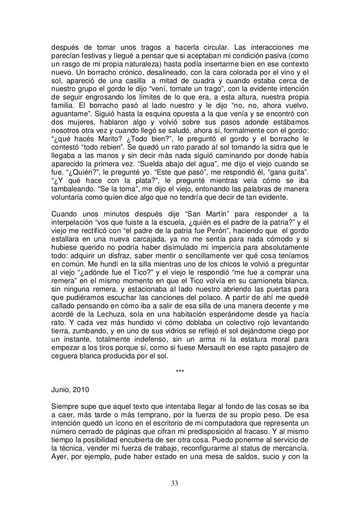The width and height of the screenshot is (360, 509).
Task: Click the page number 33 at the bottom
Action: pyautogui.click(x=174, y=483)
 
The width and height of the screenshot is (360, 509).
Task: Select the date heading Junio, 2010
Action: pyautogui.click(x=70, y=390)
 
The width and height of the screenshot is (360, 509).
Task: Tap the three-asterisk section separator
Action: pyautogui.click(x=180, y=372)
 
